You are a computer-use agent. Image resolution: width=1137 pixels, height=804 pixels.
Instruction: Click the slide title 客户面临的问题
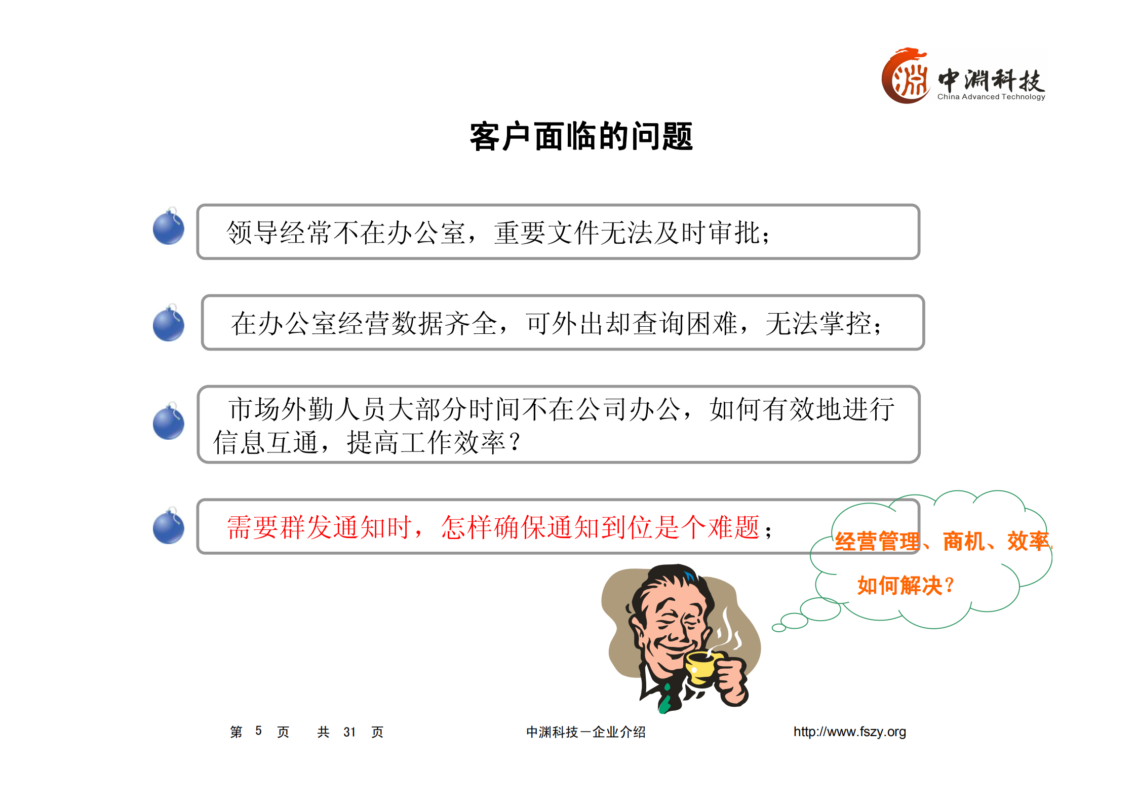coord(581,137)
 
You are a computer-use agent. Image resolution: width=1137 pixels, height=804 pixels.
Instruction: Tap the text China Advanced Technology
coord(991,97)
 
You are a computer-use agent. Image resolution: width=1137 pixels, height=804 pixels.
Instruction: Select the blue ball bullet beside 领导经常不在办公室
coord(169,227)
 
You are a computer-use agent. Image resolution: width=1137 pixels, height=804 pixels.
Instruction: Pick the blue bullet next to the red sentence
coord(169,527)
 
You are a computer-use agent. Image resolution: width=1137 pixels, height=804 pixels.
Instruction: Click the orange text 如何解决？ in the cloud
coord(905,586)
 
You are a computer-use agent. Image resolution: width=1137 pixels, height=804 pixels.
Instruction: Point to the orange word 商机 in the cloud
coord(963,542)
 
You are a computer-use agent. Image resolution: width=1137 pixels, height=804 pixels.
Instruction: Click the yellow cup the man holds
coord(701,668)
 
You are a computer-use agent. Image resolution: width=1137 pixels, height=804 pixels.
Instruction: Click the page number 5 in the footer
coord(258,731)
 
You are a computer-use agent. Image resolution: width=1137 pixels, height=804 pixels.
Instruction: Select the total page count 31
coord(349,732)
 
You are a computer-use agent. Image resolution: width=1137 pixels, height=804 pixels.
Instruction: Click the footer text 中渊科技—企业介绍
coord(585,732)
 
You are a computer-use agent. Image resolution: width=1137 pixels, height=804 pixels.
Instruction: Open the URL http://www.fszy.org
coord(849,732)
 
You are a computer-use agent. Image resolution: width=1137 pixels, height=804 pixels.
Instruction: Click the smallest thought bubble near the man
coord(778,628)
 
